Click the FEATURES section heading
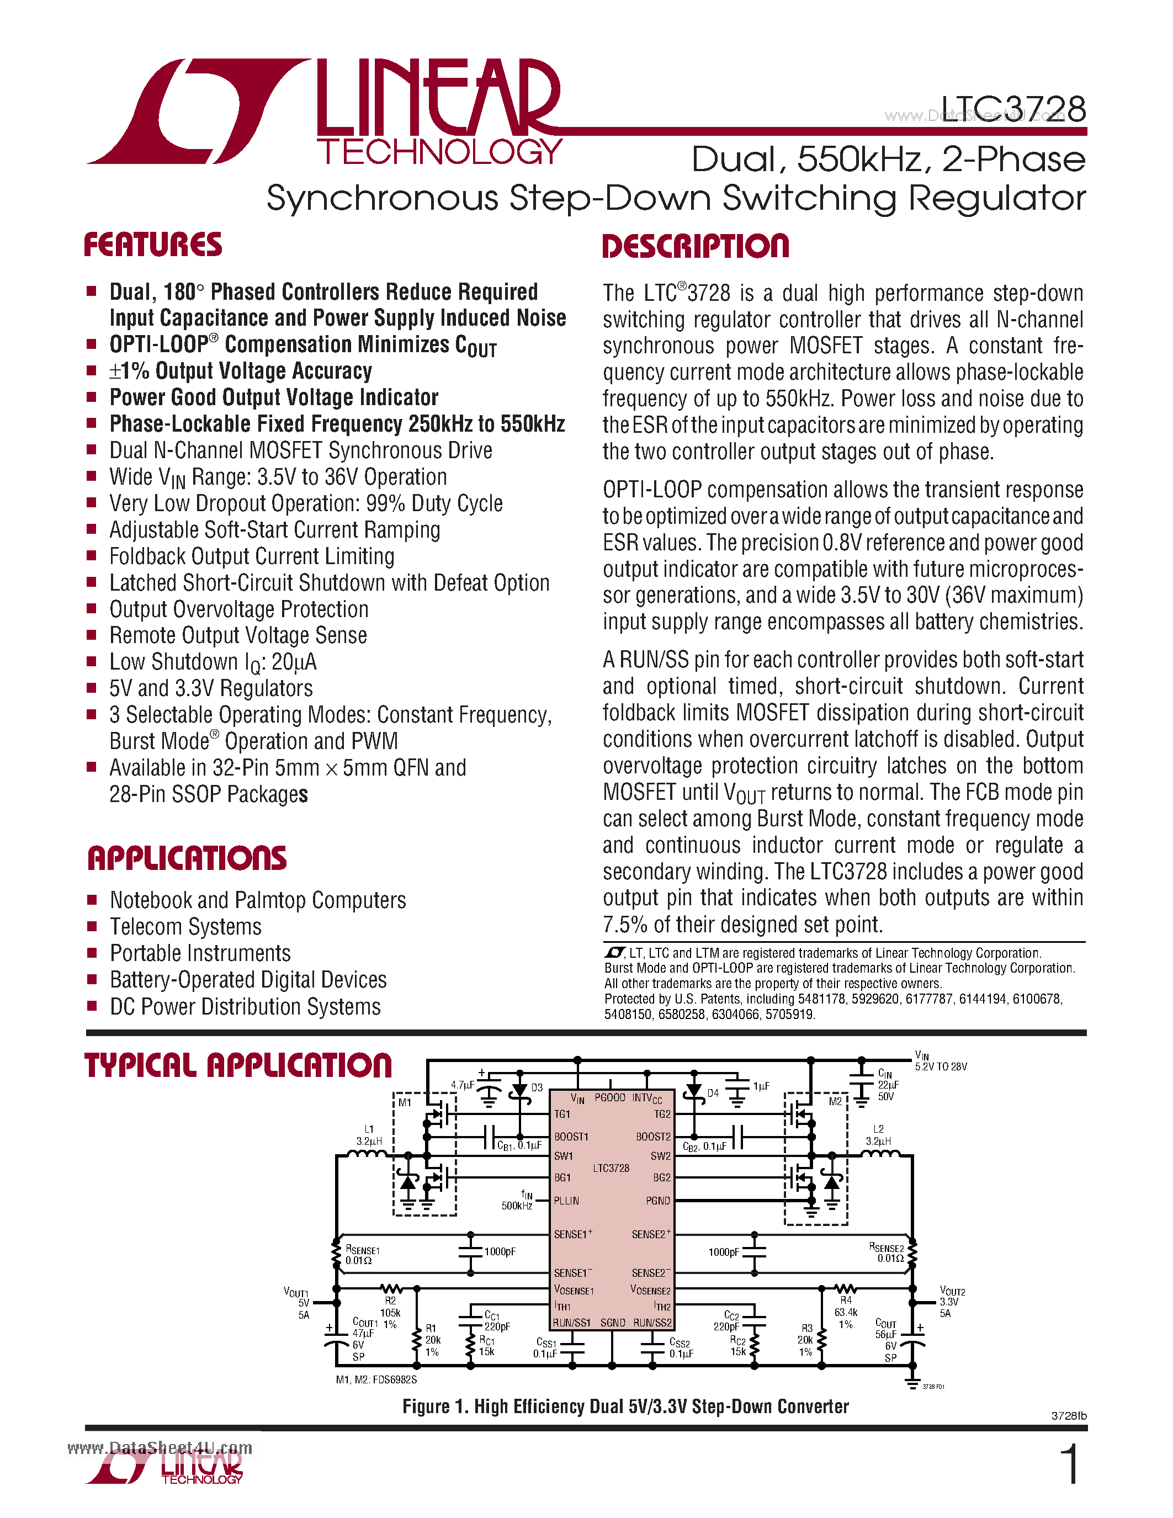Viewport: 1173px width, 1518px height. tap(153, 245)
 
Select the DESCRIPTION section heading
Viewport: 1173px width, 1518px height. tap(696, 247)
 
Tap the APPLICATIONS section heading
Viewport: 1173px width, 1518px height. tap(186, 858)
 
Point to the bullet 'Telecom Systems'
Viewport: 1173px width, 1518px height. tap(185, 926)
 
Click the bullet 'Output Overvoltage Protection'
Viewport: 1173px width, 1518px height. tap(238, 609)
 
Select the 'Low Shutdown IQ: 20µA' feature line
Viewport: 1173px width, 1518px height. tap(213, 662)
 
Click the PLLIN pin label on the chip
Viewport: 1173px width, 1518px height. tap(566, 1201)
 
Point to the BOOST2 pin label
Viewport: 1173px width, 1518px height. tap(653, 1137)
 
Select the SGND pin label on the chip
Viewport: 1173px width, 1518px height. tap(612, 1323)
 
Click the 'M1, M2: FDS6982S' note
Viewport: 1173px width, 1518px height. tap(376, 1379)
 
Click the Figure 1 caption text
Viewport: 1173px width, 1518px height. tap(625, 1407)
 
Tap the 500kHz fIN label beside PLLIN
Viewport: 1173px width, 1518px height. tap(518, 1201)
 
